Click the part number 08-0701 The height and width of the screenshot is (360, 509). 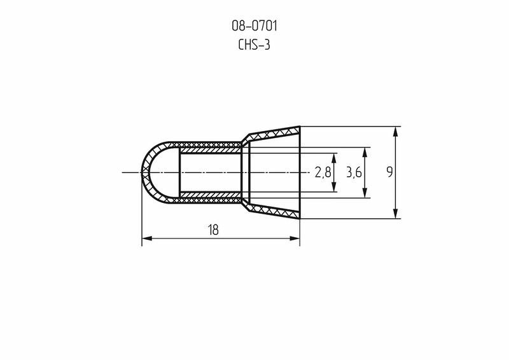(x=254, y=26)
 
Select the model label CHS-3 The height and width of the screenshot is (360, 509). (x=254, y=45)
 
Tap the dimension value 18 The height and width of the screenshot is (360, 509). (x=213, y=230)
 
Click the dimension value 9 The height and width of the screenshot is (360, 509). (x=389, y=172)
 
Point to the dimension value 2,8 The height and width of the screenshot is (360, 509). (x=323, y=172)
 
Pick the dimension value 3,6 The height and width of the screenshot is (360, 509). (x=354, y=172)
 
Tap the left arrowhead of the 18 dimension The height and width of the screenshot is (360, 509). (x=147, y=239)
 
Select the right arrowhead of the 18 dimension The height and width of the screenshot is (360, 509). (x=295, y=239)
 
